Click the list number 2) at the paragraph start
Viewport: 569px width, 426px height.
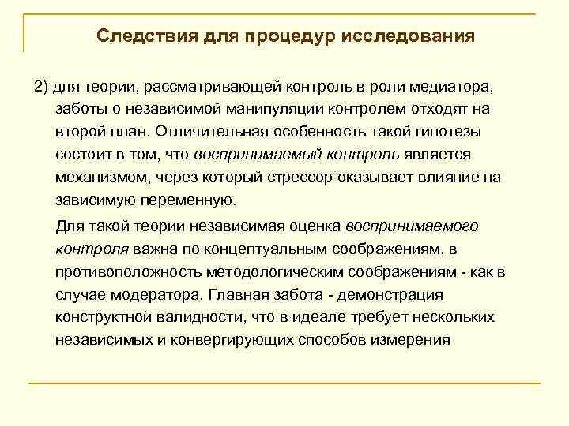41,85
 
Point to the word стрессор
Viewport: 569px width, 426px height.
303,177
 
